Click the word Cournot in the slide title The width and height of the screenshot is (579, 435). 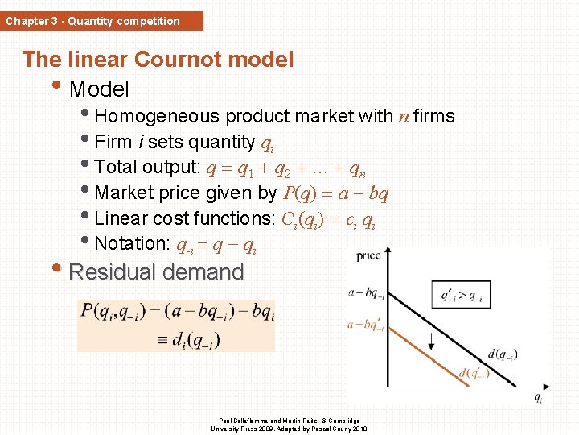coord(175,59)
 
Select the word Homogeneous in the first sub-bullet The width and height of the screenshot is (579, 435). coord(157,117)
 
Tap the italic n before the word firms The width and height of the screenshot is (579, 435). coord(403,117)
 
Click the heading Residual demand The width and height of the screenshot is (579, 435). coord(156,272)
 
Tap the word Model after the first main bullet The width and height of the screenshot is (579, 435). coord(99,88)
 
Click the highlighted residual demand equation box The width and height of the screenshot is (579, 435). coord(176,325)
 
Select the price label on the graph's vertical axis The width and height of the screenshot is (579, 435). coord(368,255)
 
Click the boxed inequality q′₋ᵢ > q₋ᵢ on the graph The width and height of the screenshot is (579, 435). coord(461,295)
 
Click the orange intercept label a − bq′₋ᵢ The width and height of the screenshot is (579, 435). coord(365,325)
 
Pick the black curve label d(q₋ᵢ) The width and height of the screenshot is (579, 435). coord(502,354)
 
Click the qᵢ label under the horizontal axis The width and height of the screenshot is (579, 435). coord(538,396)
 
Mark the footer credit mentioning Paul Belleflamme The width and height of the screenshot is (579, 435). coord(289,424)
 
